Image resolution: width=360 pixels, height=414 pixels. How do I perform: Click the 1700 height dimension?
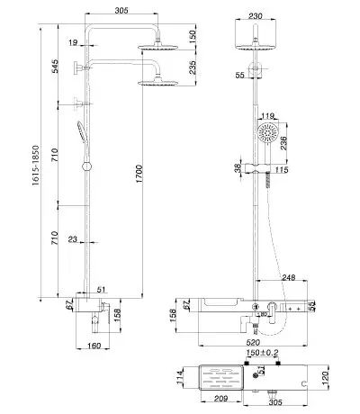tap(139, 174)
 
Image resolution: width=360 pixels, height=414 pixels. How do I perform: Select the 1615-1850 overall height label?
tap(36, 166)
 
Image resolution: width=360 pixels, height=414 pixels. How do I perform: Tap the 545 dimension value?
tap(55, 67)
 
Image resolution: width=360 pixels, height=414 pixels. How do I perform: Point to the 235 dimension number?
tap(193, 67)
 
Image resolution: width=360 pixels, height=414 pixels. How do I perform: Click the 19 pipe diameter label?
tap(73, 42)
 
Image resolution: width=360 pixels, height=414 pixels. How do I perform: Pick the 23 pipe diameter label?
tap(73, 239)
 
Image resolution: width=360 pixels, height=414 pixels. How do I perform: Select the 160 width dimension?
tap(94, 346)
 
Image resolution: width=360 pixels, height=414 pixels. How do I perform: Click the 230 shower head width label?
tap(256, 16)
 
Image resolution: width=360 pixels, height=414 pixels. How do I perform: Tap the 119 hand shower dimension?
tap(267, 116)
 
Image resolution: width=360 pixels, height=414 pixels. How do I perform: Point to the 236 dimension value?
tap(283, 143)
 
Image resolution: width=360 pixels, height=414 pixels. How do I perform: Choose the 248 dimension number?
tap(288, 277)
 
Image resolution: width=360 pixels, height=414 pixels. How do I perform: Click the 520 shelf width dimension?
tap(253, 342)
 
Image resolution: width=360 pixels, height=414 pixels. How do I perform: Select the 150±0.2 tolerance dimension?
tap(262, 353)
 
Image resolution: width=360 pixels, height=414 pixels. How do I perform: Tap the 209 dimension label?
tap(220, 399)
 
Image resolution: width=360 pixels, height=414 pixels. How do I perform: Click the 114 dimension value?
tap(180, 378)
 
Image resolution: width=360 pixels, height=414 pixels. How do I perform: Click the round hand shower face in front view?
tap(267, 132)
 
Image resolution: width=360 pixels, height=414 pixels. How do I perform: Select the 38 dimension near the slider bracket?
tap(238, 168)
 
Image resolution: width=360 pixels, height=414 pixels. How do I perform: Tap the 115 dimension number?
tap(282, 170)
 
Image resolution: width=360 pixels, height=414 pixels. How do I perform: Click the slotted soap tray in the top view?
tap(221, 377)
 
